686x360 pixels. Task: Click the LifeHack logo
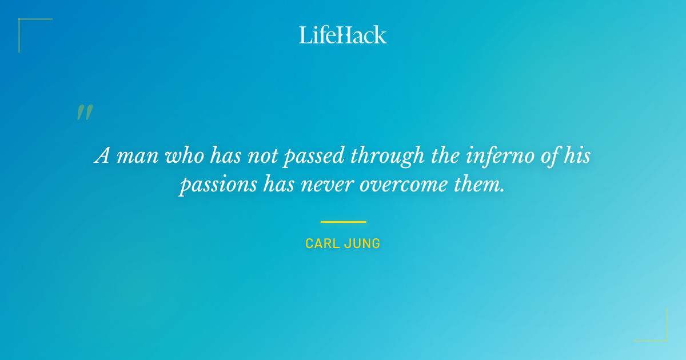pyautogui.click(x=343, y=35)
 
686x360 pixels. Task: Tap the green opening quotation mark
pyautogui.click(x=85, y=113)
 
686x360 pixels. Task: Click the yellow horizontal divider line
pyautogui.click(x=343, y=222)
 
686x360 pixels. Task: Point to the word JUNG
pyautogui.click(x=364, y=243)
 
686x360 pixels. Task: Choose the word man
pyautogui.click(x=138, y=156)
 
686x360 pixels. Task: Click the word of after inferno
pyautogui.click(x=549, y=156)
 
